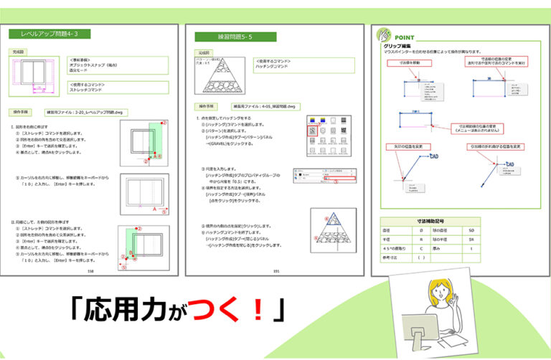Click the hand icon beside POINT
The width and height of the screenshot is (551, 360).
click(x=385, y=35)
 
